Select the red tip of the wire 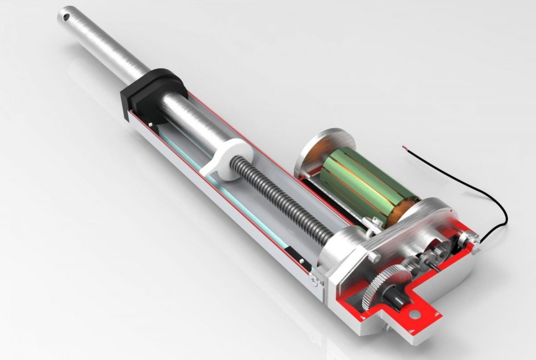pyautogui.click(x=405, y=146)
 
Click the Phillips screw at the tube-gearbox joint pyautogui.click(x=315, y=280)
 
